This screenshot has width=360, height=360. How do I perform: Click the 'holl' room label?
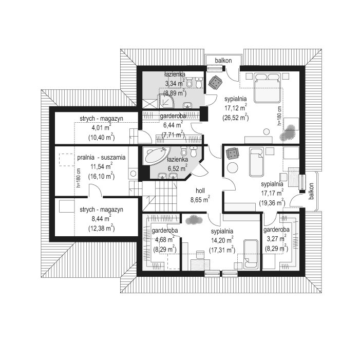tap(200, 191)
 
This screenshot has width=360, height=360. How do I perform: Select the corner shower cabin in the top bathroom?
tap(166, 102)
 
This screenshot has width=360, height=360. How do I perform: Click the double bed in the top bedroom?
tap(268, 88)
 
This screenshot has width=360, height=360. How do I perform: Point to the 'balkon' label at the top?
tap(223, 61)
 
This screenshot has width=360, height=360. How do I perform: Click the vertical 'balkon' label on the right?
tap(311, 191)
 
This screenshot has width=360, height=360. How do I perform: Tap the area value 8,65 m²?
tap(200, 200)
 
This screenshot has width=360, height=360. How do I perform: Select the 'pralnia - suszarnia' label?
tap(101, 158)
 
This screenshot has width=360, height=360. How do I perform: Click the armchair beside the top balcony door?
tap(215, 82)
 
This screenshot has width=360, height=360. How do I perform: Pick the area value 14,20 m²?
tap(222, 240)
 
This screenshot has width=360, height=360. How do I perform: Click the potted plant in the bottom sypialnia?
tap(194, 220)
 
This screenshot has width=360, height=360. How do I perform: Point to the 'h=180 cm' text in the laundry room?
tap(79, 178)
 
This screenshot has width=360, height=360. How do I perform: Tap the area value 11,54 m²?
tap(101, 166)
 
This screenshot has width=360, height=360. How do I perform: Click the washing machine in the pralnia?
tap(133, 174)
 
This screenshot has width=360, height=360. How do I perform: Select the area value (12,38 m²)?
tap(101, 228)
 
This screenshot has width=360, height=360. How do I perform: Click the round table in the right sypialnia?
tap(233, 168)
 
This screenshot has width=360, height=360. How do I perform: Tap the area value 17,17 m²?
tap(272, 193)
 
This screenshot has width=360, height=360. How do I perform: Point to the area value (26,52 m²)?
tap(236, 117)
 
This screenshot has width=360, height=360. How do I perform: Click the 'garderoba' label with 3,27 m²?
tap(276, 230)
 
